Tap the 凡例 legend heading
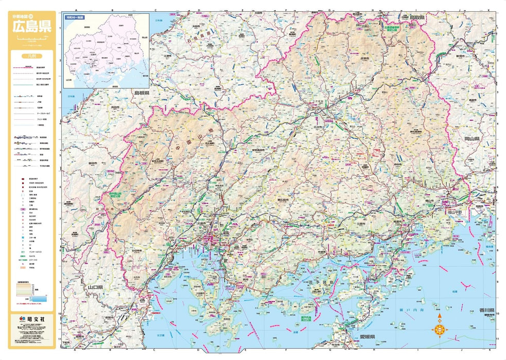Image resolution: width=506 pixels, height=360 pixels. [32, 57]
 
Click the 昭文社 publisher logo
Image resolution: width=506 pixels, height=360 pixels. [32, 319]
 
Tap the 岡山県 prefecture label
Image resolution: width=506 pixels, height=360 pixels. [472, 139]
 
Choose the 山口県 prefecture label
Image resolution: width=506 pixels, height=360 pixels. [96, 287]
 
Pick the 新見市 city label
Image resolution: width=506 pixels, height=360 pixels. [460, 55]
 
